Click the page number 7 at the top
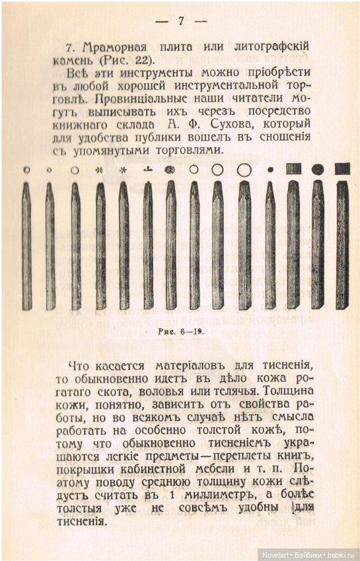coord(180,20)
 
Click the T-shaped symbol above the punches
coord(148,169)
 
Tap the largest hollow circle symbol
coord(244,170)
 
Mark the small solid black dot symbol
coord(270,170)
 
